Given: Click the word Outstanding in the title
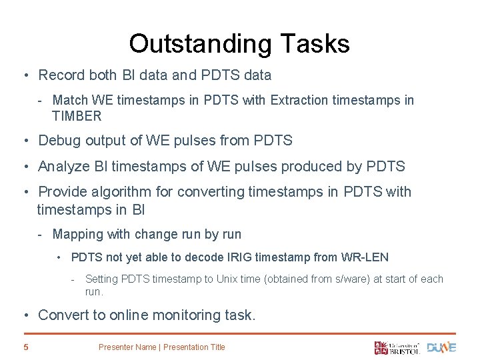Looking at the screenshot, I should click(x=200, y=44).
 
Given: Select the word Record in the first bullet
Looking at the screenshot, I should click(x=61, y=75).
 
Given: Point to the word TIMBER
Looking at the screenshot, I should click(x=77, y=116).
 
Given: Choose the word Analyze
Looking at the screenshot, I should click(x=62, y=166).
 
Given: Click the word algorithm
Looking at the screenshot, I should click(x=123, y=192).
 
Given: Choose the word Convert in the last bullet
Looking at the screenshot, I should click(x=61, y=315).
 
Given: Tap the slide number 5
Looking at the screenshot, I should click(x=25, y=347).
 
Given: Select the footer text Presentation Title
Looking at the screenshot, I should click(x=194, y=347).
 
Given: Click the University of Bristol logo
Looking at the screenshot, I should click(x=397, y=347).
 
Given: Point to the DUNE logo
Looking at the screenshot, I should click(x=441, y=347).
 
